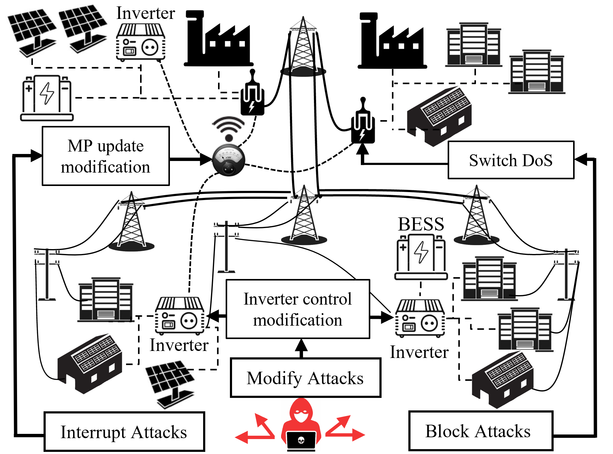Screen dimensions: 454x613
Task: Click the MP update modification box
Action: pos(106,156)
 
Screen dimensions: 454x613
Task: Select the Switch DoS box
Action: pos(511,160)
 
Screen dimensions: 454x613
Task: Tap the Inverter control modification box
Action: pos(298,309)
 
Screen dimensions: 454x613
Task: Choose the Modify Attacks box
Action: pos(305,378)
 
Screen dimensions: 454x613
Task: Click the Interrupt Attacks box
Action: pos(124,431)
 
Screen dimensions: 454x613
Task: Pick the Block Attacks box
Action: pos(480,431)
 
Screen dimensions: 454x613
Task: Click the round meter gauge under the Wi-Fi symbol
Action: pos(228,160)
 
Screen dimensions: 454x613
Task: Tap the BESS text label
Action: pos(421,224)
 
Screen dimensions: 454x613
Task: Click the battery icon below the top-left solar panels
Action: pos(47,98)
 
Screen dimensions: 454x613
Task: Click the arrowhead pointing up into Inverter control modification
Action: pos(301,345)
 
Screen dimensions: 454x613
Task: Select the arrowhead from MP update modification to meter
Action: pos(206,159)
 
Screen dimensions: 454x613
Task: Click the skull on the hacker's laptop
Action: pos(301,440)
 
